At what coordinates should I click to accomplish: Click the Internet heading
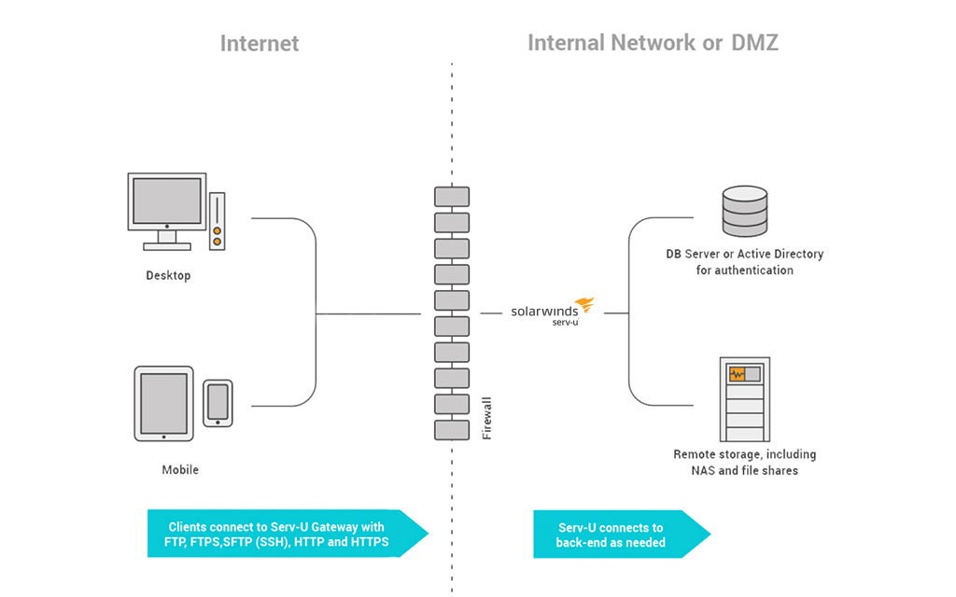(260, 43)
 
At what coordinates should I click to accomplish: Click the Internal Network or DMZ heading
(653, 43)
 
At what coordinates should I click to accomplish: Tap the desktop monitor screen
(166, 200)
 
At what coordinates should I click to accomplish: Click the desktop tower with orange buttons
(217, 222)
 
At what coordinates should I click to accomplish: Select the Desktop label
(168, 276)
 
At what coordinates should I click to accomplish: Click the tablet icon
(163, 402)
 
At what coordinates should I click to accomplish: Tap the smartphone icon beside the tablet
(218, 402)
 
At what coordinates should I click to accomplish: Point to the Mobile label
(180, 470)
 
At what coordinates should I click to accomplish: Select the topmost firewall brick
(452, 197)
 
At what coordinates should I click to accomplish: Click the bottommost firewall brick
(452, 430)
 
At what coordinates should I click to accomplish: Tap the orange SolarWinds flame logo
(583, 305)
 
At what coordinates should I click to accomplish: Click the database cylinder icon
(744, 211)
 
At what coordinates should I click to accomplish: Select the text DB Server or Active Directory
(744, 254)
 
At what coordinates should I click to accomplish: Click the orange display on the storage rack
(738, 374)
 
